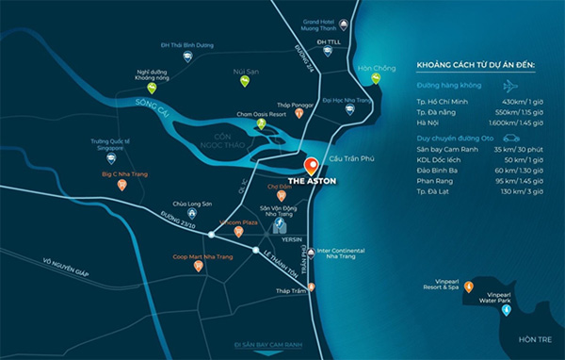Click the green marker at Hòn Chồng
375,79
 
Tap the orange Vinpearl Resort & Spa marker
469,286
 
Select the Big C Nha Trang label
122,174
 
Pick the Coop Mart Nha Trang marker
198,266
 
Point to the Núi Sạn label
245,70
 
